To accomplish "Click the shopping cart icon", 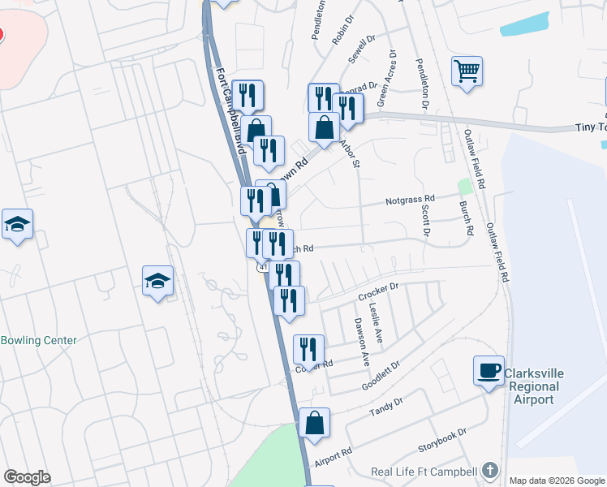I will (x=467, y=71).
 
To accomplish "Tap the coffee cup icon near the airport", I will (x=489, y=370).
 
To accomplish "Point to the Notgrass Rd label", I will (x=411, y=198).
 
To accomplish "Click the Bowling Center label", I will (x=39, y=341).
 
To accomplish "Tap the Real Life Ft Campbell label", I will (x=424, y=471).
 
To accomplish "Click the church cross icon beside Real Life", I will (x=489, y=470).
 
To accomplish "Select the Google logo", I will (x=27, y=477).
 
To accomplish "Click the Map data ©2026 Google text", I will (x=556, y=481).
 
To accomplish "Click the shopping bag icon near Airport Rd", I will (x=314, y=422).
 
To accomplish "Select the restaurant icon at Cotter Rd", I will (x=308, y=349).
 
